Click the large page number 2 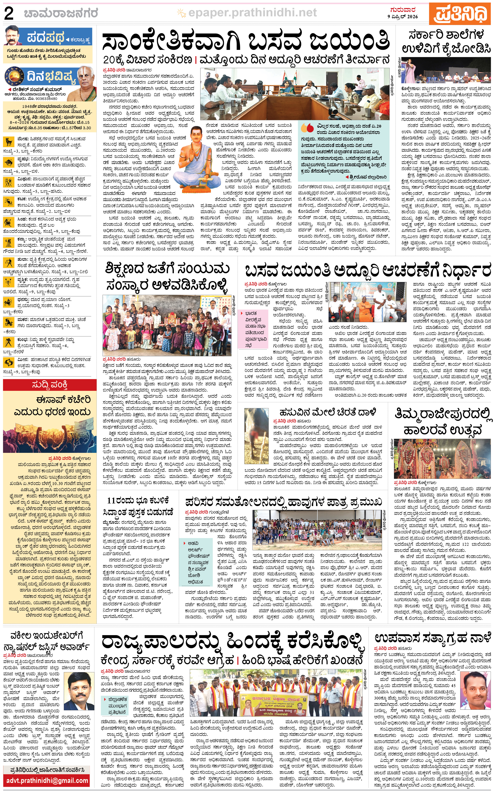pyautogui.click(x=9, y=14)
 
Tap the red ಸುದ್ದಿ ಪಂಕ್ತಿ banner pyautogui.click(x=50, y=385)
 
